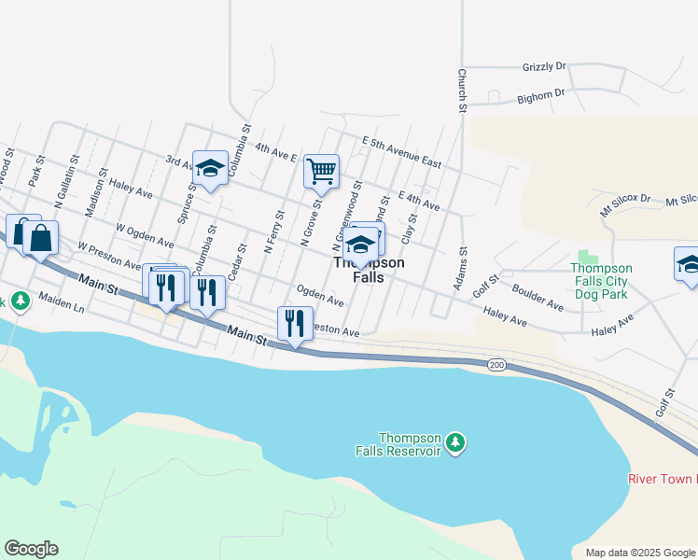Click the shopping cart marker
pyautogui.click(x=321, y=172)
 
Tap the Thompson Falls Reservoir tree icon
pyautogui.click(x=455, y=441)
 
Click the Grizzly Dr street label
pyautogui.click(x=544, y=66)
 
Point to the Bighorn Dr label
pyautogui.click(x=542, y=94)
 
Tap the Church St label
pyautogui.click(x=461, y=91)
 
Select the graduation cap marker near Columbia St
pyautogui.click(x=210, y=169)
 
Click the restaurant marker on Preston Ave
pyautogui.click(x=295, y=323)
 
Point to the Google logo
pyautogui.click(x=31, y=549)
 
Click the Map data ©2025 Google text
pyautogui.click(x=641, y=553)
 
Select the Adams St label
pyautogui.click(x=461, y=269)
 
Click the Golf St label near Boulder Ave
pyautogui.click(x=487, y=284)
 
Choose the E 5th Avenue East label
pyautogui.click(x=401, y=150)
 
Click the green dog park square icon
pyautogui.click(x=587, y=256)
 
